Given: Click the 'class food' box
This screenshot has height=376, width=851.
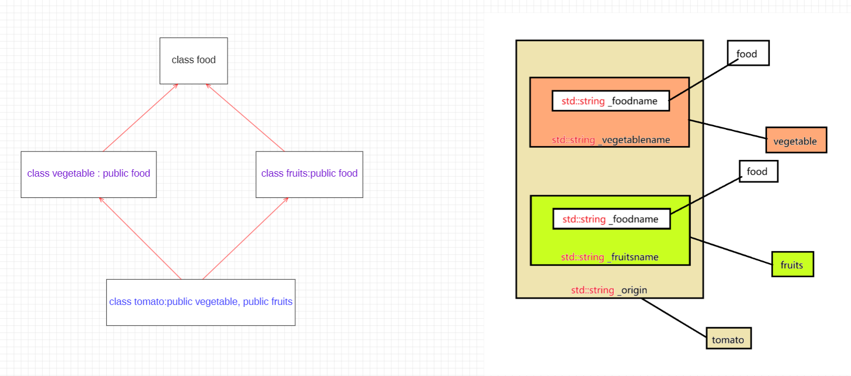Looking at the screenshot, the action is point(194,61).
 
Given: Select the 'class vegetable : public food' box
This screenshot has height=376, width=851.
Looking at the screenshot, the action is point(88,174).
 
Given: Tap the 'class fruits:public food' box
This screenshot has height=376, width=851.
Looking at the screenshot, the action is point(309,174).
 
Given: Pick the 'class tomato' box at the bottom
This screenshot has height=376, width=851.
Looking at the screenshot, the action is point(201,302).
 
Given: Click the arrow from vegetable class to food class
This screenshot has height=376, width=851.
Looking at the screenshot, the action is point(140,117).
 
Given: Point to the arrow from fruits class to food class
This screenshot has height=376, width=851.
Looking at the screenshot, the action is point(245,117).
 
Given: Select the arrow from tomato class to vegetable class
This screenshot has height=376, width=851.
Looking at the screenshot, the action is point(140,238).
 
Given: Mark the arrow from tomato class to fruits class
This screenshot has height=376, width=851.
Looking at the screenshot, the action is point(245,238).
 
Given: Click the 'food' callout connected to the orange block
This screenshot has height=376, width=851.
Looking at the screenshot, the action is point(748,53).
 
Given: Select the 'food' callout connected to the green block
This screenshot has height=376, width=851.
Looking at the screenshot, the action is point(758,171).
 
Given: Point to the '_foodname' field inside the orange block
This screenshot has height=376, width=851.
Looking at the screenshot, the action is point(610,101).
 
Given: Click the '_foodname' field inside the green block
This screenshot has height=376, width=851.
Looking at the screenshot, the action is point(611,219).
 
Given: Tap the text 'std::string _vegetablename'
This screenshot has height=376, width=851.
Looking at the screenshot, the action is point(611,140).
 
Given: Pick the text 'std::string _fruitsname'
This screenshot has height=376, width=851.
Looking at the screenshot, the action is point(610,257).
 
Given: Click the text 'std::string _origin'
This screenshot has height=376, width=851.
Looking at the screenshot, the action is point(609,290).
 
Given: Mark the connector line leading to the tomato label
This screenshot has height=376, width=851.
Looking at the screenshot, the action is point(674,318).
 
